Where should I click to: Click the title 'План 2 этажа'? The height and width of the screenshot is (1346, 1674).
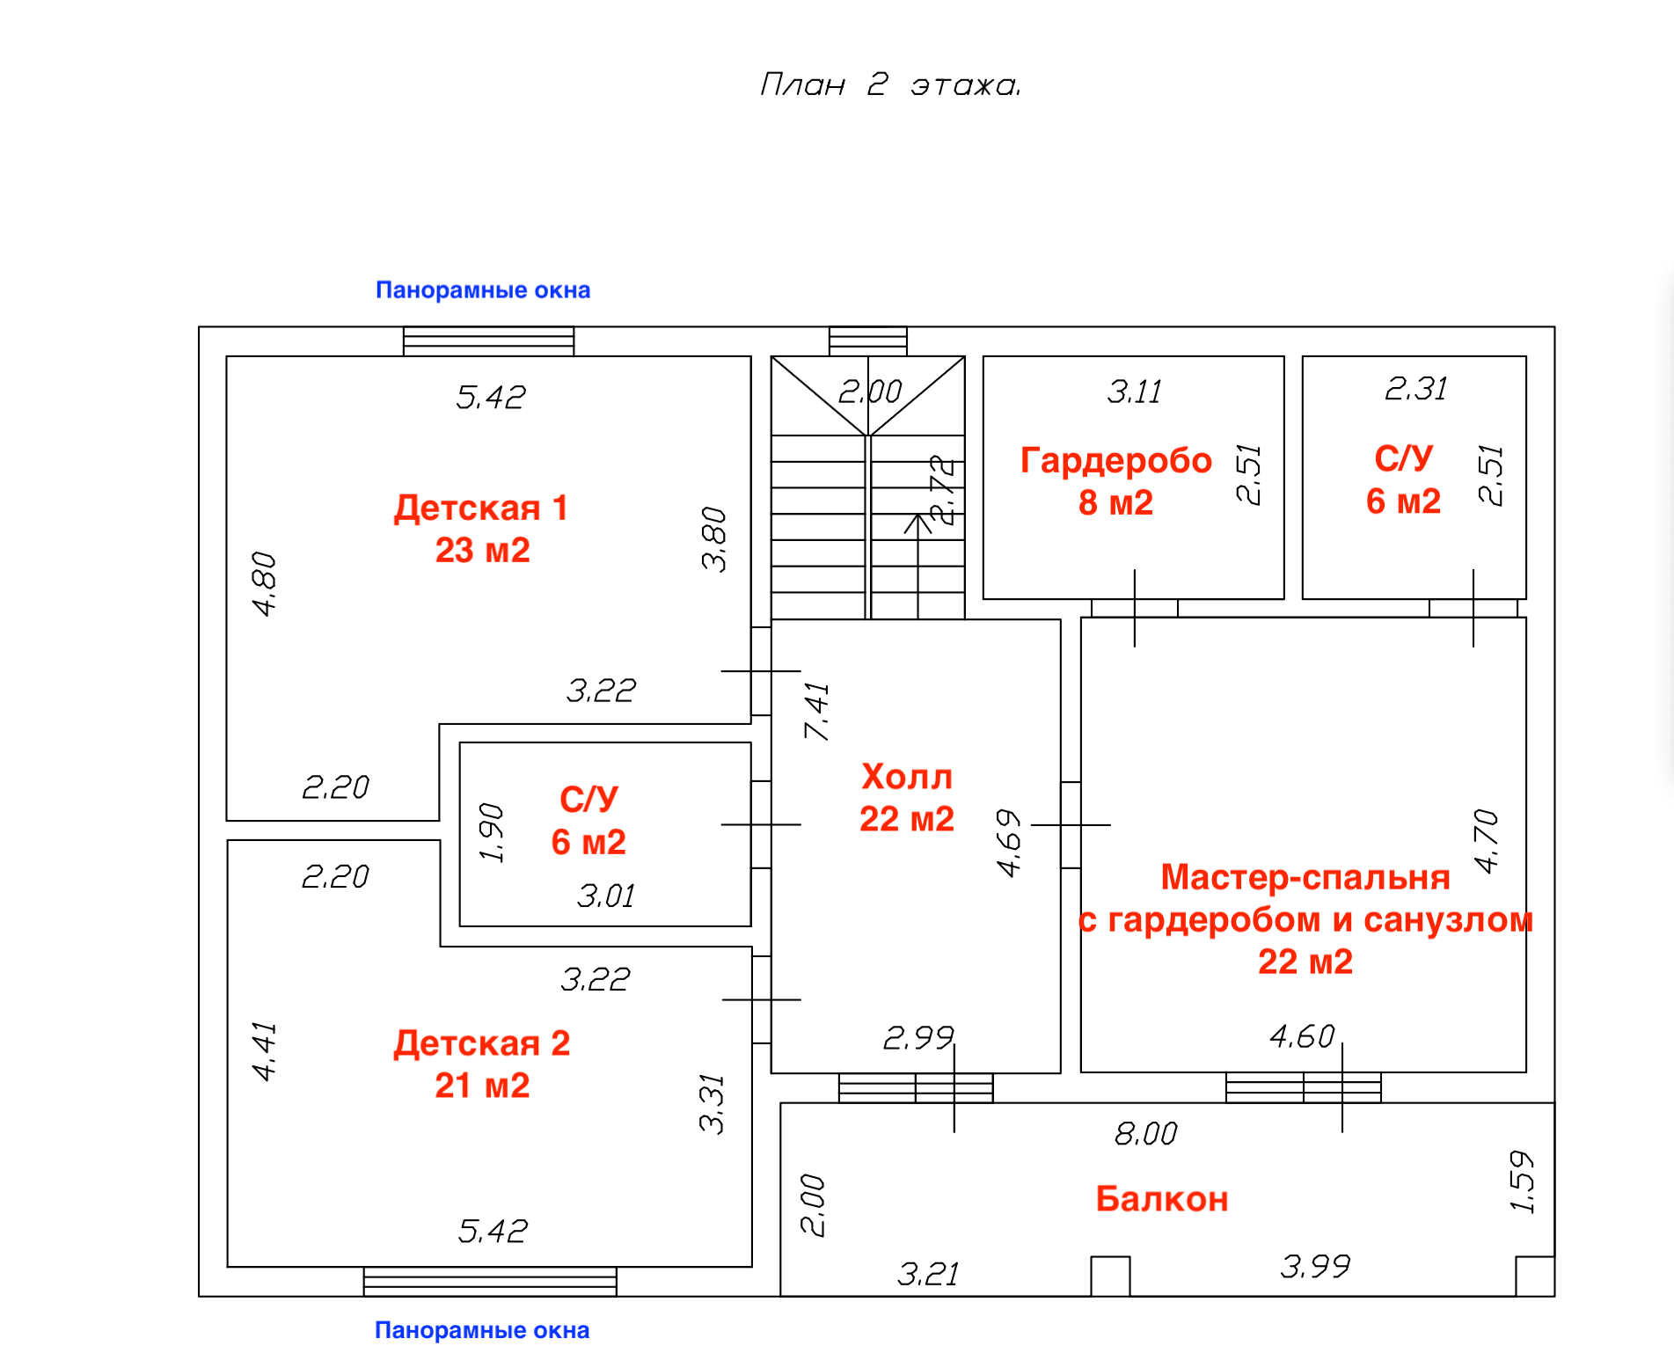[890, 84]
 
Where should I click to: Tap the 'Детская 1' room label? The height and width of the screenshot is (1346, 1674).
[481, 508]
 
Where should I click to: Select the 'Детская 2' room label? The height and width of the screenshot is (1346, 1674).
[482, 1043]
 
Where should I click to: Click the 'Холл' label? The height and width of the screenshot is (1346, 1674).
[907, 777]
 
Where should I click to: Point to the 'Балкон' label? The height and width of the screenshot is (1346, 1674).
[1162, 1199]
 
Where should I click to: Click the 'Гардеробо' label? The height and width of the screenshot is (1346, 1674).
[1116, 461]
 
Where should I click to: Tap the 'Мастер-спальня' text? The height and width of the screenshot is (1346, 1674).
[1305, 877]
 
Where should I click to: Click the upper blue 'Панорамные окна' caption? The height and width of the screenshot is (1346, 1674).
[483, 289]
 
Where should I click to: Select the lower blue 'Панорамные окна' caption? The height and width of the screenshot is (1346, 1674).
[482, 1330]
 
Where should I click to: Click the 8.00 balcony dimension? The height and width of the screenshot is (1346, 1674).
[1145, 1134]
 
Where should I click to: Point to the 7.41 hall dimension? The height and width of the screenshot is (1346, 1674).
[817, 711]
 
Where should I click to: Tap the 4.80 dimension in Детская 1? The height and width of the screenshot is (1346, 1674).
[264, 583]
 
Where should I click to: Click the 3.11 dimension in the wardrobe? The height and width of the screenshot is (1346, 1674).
[1135, 391]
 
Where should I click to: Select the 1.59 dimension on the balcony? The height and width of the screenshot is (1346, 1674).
[1522, 1181]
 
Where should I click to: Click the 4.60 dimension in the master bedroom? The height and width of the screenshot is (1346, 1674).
[1302, 1037]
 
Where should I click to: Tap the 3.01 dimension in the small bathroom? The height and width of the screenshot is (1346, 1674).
[606, 896]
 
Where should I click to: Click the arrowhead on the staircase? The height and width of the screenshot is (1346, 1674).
[918, 523]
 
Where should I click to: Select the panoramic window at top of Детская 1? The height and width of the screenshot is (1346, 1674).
[488, 341]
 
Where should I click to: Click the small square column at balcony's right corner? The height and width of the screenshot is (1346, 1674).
[1535, 1276]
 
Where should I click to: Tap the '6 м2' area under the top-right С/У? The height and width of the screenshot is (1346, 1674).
[1403, 501]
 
